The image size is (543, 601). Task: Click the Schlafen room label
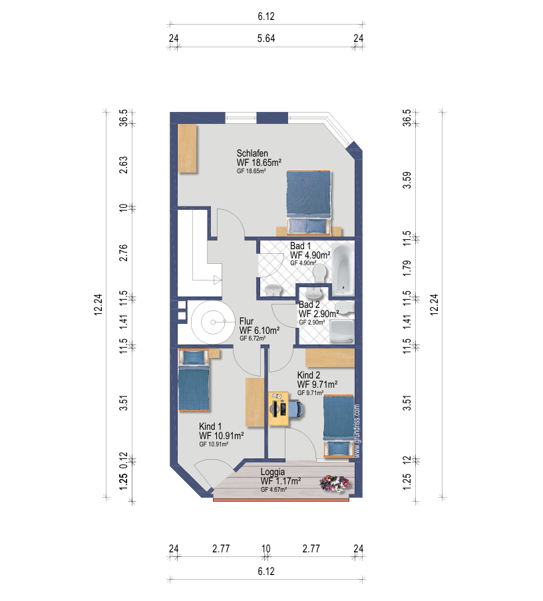[252, 153]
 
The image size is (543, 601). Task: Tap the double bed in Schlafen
[308, 203]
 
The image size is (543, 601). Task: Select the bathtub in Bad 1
[343, 269]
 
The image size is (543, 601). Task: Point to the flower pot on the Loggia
[335, 483]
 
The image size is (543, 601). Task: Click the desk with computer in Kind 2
[278, 408]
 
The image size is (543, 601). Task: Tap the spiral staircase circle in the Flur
[213, 322]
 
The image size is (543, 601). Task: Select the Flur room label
[246, 321]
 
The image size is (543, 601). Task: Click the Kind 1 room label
[210, 426]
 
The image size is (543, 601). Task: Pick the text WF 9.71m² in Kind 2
[317, 384]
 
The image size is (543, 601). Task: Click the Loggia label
[272, 472]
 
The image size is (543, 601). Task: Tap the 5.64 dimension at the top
[266, 39]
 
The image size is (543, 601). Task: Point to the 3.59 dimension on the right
[407, 180]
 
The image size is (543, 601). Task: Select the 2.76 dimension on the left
[123, 253]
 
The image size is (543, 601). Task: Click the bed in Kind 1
[194, 380]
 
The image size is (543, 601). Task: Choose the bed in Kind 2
[338, 426]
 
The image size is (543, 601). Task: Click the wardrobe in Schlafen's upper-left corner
[188, 149]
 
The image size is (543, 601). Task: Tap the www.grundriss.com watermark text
[357, 431]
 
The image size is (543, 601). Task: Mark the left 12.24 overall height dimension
[98, 304]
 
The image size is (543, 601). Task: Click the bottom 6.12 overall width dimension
[266, 572]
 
